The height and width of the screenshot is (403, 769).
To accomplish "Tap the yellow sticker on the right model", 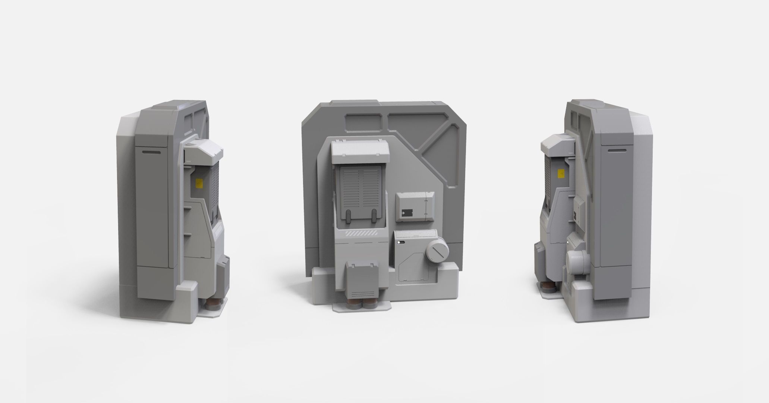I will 560,174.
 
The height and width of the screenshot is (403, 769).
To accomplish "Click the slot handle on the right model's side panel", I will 618,150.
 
